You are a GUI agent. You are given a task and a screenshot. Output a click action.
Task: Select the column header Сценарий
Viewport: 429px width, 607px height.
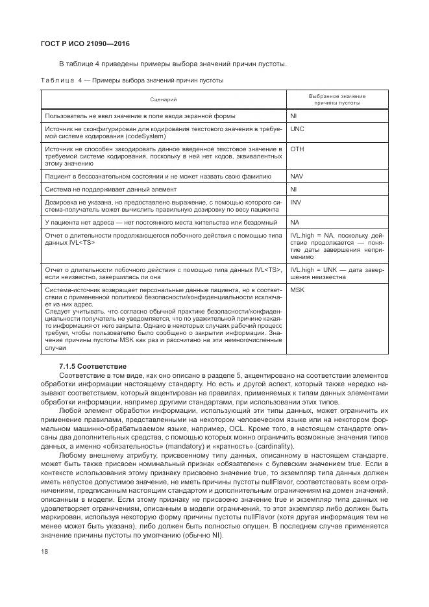(164, 99)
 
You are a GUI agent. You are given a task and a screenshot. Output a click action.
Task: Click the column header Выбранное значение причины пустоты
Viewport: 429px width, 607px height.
(336, 99)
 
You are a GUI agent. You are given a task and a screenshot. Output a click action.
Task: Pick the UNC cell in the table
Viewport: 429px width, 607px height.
(297, 129)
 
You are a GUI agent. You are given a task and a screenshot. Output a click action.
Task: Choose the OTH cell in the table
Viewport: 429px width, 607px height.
(297, 149)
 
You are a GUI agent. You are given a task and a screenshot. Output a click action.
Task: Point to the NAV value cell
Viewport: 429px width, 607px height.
(297, 176)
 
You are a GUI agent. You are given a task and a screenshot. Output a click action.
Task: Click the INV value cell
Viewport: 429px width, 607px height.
(296, 202)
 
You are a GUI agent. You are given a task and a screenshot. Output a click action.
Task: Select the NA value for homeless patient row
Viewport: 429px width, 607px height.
(295, 222)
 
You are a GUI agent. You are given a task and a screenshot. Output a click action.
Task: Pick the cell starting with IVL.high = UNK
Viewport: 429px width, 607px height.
(337, 273)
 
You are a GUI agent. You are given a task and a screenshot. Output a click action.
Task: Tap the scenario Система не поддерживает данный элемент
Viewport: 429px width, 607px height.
(110, 189)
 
